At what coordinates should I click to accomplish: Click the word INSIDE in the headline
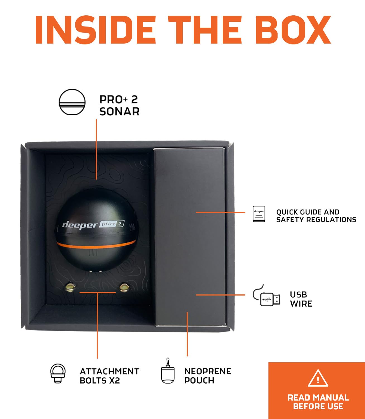95,30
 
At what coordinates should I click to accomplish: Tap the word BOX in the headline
293,30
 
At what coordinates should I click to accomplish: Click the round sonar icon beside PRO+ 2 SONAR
72,102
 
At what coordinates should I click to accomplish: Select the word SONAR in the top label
119,112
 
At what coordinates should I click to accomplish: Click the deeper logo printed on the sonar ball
80,225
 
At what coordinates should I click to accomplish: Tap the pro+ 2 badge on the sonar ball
112,224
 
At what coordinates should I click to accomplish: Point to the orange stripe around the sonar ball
96,244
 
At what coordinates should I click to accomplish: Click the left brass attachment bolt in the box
70,287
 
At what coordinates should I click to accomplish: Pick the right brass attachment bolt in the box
124,287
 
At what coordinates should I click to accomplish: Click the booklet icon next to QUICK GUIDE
259,214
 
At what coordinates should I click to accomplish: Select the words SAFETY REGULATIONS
316,220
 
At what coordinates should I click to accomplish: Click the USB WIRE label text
301,299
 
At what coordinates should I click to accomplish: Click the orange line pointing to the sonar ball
96,149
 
